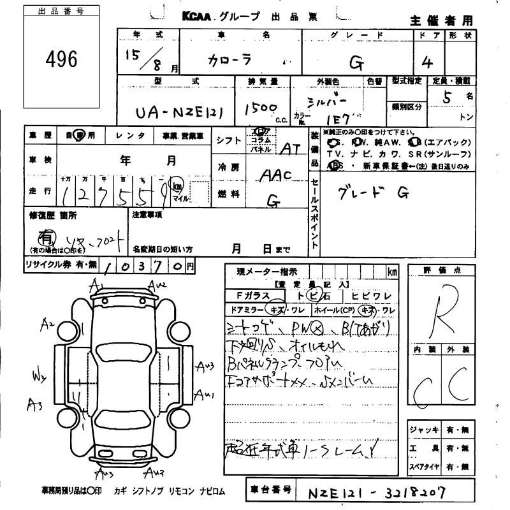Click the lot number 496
coord(62,60)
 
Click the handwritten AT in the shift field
coord(291,149)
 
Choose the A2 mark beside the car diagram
coord(46,326)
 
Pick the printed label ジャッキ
coord(424,430)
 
